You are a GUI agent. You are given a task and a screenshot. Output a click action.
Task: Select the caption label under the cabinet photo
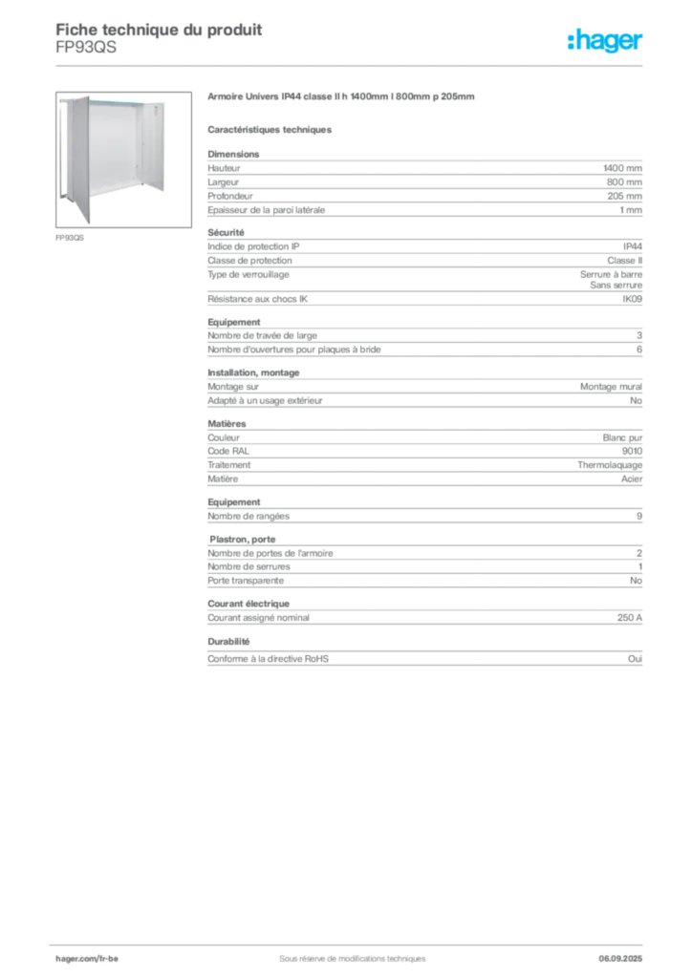click(72, 238)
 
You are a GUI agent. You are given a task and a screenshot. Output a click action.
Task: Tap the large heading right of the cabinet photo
click(344, 98)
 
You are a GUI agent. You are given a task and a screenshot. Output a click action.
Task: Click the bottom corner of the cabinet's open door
click(87, 223)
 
